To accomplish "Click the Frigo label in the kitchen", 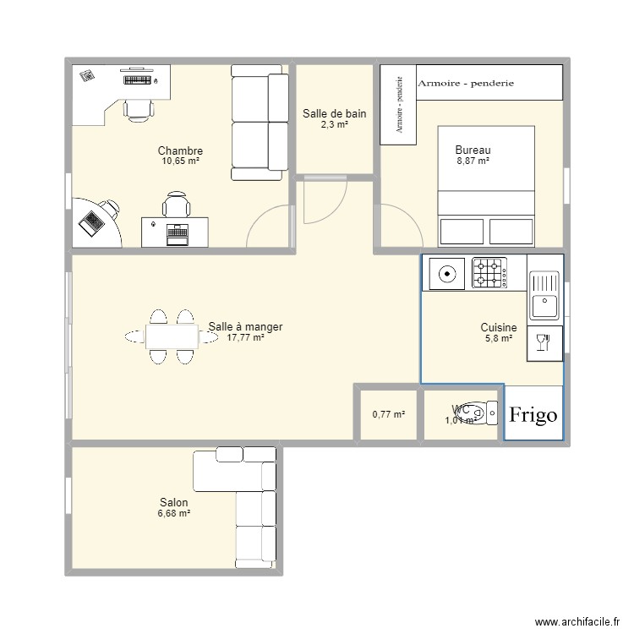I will pyautogui.click(x=533, y=414).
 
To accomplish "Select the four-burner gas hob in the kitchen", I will pyautogui.click(x=489, y=273).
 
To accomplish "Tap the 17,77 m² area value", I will pyautogui.click(x=245, y=337).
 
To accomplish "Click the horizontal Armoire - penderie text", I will pyautogui.click(x=467, y=84).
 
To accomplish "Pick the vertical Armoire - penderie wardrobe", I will pyautogui.click(x=397, y=101).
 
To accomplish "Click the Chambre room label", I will pyautogui.click(x=180, y=151).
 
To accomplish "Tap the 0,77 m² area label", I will pyautogui.click(x=388, y=414).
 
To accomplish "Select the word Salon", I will pyautogui.click(x=172, y=503).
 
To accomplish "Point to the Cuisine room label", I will pyautogui.click(x=499, y=327).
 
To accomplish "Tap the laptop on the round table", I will pyautogui.click(x=90, y=221).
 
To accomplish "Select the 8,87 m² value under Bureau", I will pyautogui.click(x=473, y=161).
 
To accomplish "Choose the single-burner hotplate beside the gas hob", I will pyautogui.click(x=445, y=273).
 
